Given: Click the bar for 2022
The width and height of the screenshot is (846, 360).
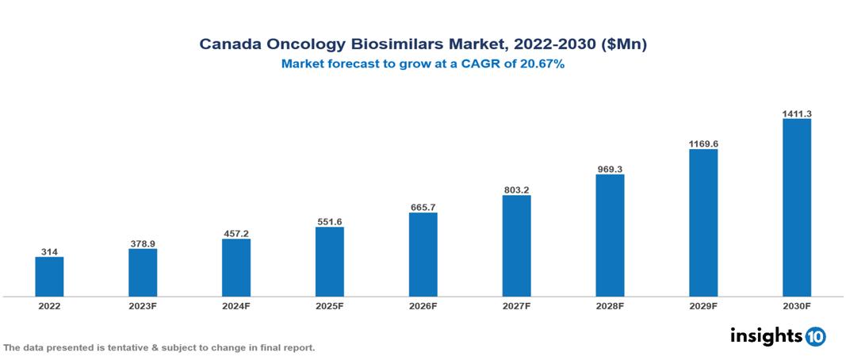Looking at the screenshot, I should (49, 277).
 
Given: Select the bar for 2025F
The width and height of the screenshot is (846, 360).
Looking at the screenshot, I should (329, 262).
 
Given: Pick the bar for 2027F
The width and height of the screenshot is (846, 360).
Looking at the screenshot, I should (516, 246).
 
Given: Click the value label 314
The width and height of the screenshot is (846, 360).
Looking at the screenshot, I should (49, 251).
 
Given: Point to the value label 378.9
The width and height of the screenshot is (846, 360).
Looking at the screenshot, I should (143, 243).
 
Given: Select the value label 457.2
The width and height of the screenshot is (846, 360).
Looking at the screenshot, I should (236, 233).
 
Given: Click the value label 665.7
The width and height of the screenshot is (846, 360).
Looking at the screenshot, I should (423, 207).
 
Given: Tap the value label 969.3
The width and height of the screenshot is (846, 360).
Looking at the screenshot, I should (610, 169).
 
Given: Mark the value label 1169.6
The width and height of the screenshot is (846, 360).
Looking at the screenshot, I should (703, 144).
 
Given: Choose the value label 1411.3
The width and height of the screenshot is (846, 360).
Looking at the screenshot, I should (796, 113).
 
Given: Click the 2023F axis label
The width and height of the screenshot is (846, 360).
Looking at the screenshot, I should (143, 306).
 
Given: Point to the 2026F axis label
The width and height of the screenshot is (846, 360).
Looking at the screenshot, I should (423, 306).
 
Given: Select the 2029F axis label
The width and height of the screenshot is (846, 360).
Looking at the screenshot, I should (703, 306).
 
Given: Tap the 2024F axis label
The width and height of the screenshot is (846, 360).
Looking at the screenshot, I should (236, 306).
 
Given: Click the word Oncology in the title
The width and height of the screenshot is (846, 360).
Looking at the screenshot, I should (293, 45).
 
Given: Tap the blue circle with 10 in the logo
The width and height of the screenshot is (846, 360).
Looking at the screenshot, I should (815, 336).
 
